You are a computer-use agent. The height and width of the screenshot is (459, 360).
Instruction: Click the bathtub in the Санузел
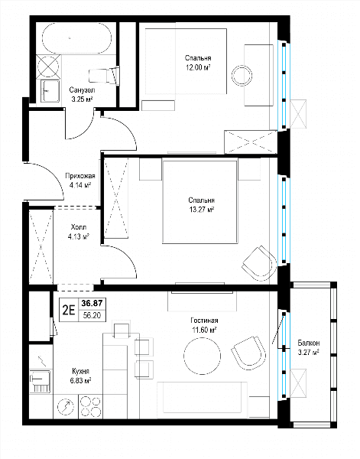[77, 38]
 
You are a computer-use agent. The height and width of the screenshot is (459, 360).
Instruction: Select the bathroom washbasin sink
[50, 91]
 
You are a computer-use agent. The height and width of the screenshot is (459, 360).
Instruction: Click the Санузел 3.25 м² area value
[83, 99]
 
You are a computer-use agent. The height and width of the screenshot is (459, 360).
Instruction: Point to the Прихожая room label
[80, 176]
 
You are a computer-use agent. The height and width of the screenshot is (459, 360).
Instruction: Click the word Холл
[79, 227]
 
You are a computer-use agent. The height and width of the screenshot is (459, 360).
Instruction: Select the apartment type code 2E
[69, 309]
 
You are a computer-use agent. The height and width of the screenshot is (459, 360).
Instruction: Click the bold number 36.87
[92, 303]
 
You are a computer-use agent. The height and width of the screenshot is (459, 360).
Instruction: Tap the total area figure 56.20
[92, 315]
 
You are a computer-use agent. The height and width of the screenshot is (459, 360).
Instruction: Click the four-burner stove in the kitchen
[90, 407]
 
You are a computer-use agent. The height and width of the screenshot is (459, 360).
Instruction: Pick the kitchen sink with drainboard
[41, 381]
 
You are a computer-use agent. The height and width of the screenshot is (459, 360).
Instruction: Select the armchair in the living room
[249, 353]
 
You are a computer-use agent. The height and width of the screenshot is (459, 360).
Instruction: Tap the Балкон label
[309, 343]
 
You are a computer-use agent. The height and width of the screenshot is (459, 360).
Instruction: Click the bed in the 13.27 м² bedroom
[199, 201]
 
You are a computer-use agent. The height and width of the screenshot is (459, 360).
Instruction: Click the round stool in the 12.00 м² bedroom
[242, 75]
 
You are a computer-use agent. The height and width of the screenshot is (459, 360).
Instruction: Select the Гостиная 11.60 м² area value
[204, 330]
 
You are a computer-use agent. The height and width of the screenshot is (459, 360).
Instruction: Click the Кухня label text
[80, 371]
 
